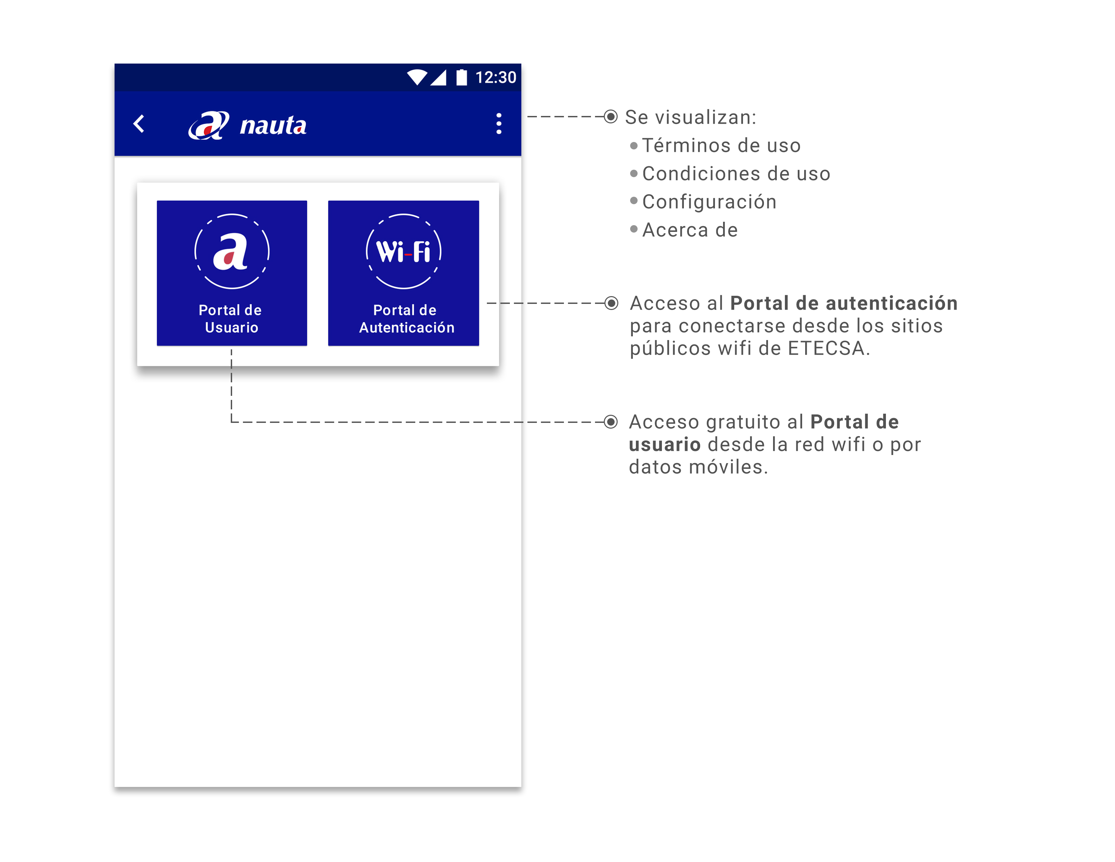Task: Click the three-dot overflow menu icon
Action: (499, 124)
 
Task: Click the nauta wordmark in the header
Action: (273, 125)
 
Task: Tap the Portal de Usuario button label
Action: (231, 319)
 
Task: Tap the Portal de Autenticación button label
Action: (406, 319)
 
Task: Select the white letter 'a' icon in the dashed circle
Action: (231, 251)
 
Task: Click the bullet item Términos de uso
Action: (721, 146)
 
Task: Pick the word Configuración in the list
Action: (709, 202)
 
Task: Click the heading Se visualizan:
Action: (690, 117)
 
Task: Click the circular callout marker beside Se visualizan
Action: (611, 117)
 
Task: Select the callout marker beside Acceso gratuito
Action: (611, 422)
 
